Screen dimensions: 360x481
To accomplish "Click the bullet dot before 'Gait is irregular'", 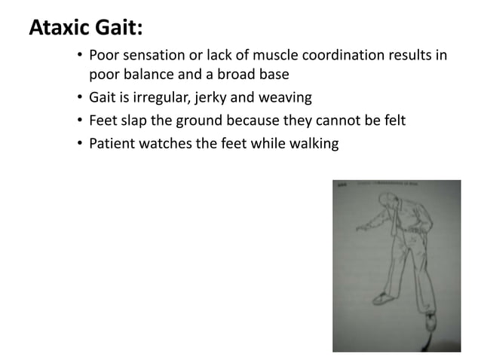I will (79, 98).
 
